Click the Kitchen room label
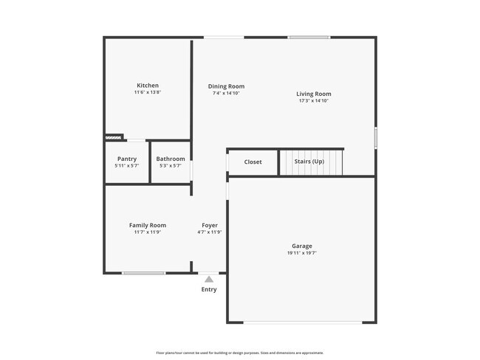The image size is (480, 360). [x=148, y=86]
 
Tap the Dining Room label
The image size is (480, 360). [x=226, y=86]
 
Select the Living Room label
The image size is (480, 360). [x=313, y=94]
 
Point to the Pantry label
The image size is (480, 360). [x=127, y=159]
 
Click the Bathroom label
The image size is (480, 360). [x=171, y=159]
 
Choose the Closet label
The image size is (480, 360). [x=253, y=162]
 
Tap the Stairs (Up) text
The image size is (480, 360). [x=309, y=162]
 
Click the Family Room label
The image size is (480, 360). [x=148, y=225]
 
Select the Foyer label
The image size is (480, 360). [x=210, y=225]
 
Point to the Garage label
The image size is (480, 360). [x=301, y=246]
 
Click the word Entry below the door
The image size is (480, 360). [x=209, y=289]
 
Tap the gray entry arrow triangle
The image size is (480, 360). [x=209, y=279]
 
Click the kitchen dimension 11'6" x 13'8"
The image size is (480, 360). [x=148, y=93]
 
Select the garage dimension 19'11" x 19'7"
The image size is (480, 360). [x=301, y=253]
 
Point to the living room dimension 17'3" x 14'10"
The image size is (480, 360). [x=313, y=101]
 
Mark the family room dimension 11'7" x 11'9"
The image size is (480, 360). [x=148, y=232]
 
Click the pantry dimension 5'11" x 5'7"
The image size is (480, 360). [x=127, y=166]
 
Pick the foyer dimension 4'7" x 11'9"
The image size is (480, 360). [x=210, y=232]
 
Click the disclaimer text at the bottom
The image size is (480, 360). [x=240, y=353]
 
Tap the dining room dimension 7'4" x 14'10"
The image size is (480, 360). [x=226, y=94]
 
